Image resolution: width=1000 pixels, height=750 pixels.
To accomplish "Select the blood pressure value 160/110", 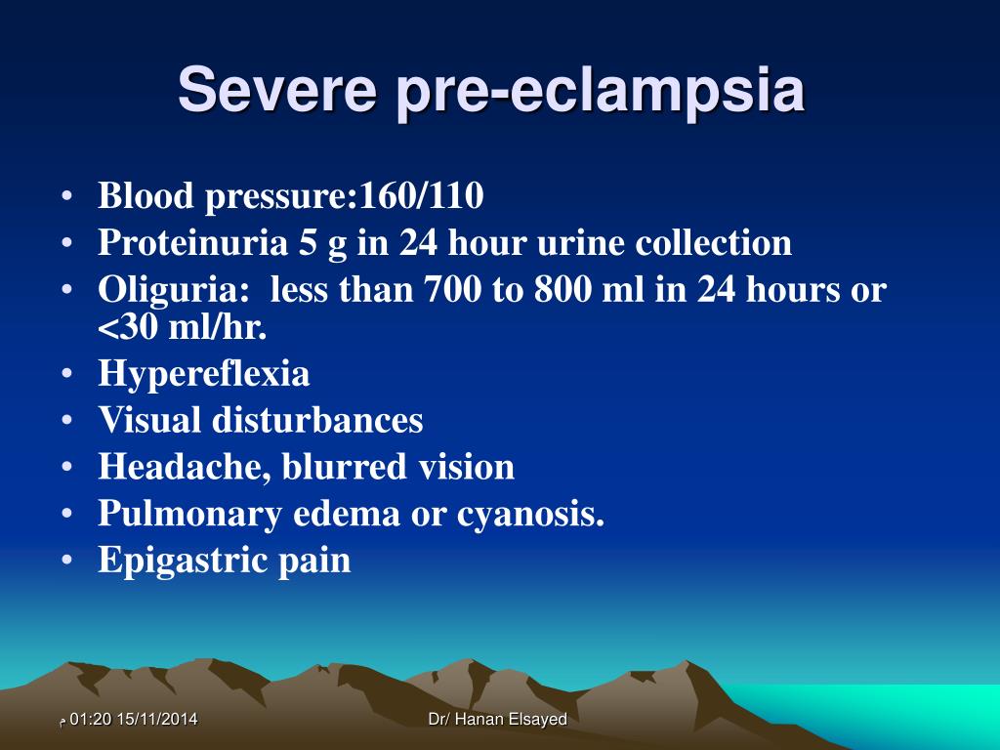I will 422,197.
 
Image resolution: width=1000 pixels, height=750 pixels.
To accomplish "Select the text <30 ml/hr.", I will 182,327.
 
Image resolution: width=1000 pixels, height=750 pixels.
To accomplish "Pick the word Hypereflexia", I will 203,374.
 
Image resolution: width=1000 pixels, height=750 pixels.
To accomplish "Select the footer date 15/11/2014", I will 156,720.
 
